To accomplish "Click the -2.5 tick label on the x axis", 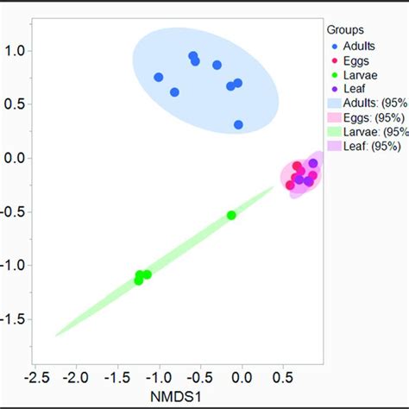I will pos(35,378).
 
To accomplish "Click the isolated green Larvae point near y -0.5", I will pos(231,215).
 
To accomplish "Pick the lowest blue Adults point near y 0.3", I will pos(238,124).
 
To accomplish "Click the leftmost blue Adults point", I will pos(159,77).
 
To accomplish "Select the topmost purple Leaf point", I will pos(313,163).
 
